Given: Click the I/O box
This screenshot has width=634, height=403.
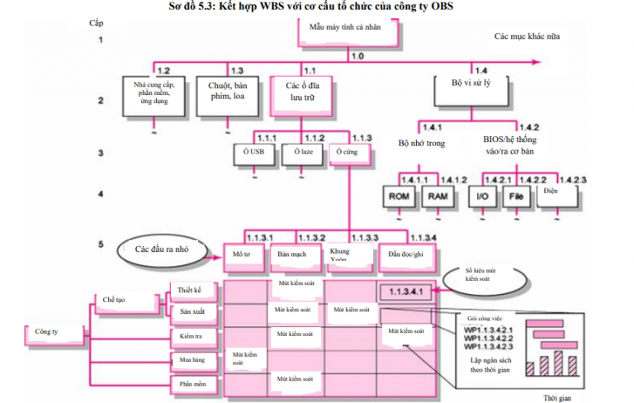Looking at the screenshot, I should tap(482, 198).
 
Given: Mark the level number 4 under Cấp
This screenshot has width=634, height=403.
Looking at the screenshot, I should tap(101, 195).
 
